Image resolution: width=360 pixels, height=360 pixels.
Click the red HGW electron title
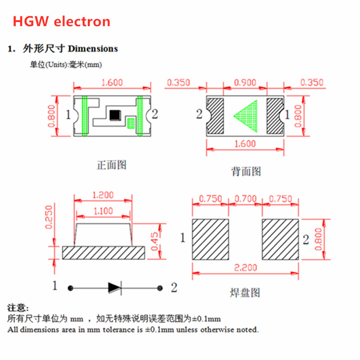point(62,22)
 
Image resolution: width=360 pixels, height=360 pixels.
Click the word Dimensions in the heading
point(93,49)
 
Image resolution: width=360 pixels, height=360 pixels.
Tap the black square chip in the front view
point(115,115)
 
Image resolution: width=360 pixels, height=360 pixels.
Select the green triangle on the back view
point(245,116)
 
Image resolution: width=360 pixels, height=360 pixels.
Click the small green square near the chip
point(131,123)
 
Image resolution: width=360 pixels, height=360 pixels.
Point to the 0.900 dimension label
point(245,82)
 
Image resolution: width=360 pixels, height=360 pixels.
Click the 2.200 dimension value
point(245,267)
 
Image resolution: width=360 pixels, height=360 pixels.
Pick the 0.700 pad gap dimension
point(245,198)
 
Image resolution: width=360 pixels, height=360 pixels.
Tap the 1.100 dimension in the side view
point(103,211)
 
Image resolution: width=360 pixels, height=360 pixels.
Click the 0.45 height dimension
point(155,241)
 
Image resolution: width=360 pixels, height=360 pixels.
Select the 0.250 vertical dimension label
point(49,217)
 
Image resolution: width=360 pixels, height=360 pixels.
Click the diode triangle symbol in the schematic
point(114,288)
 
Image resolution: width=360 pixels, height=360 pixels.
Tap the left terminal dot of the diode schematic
point(71,288)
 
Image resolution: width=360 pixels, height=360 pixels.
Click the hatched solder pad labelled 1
point(210,239)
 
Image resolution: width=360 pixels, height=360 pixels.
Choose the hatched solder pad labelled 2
point(280,239)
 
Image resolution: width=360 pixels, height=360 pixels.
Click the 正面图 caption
point(112,165)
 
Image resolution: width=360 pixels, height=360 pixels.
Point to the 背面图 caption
point(246,171)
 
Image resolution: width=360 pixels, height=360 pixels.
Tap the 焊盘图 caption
point(245,293)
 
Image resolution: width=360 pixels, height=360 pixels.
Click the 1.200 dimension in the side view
point(103,195)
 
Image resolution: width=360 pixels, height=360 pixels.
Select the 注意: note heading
point(18,308)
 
